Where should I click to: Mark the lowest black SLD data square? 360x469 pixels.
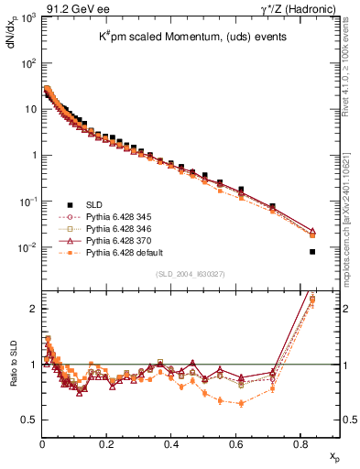[x=312, y=252]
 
